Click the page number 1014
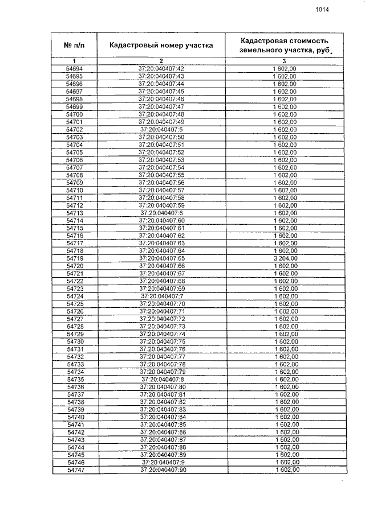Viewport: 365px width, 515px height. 322,9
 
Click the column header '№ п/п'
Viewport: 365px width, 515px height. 74,45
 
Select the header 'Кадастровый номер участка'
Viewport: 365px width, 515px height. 161,45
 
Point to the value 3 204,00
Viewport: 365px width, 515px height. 285,258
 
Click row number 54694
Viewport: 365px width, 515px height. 74,68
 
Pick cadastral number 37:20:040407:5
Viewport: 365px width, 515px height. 161,129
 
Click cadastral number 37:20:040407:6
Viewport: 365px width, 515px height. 161,213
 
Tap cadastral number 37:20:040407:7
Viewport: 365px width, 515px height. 161,296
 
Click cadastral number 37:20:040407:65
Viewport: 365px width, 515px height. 161,258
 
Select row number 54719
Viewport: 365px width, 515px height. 75,258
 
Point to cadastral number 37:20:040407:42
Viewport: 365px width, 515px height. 161,68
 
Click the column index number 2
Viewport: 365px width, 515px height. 161,61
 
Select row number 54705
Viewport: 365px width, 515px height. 75,152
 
